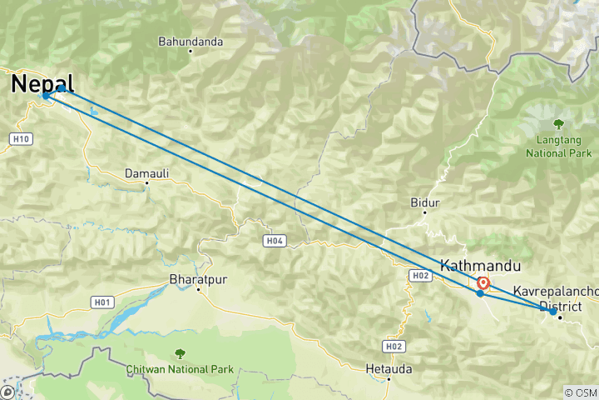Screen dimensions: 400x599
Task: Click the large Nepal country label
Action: pos(42,83)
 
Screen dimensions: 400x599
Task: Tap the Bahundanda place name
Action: pos(191,40)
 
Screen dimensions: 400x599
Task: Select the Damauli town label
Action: pos(146,173)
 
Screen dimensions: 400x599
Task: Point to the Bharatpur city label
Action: pos(197,278)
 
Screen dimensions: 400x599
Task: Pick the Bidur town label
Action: pos(424,202)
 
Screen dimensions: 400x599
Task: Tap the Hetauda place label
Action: pos(389,367)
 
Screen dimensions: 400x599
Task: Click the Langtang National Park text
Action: pos(558,147)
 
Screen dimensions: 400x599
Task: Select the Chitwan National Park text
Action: pos(181,368)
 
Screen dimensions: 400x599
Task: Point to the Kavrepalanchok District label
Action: pos(556,298)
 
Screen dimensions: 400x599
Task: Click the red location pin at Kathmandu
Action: pos(483,282)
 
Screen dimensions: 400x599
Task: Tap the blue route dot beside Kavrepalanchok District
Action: pos(553,312)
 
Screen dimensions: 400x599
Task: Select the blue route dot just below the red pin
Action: pos(480,293)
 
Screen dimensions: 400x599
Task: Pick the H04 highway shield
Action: pos(275,241)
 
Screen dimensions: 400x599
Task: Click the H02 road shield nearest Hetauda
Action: pos(394,346)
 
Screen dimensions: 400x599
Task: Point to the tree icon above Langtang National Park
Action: pos(558,123)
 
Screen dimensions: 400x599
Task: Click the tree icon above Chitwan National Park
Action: pos(181,353)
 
